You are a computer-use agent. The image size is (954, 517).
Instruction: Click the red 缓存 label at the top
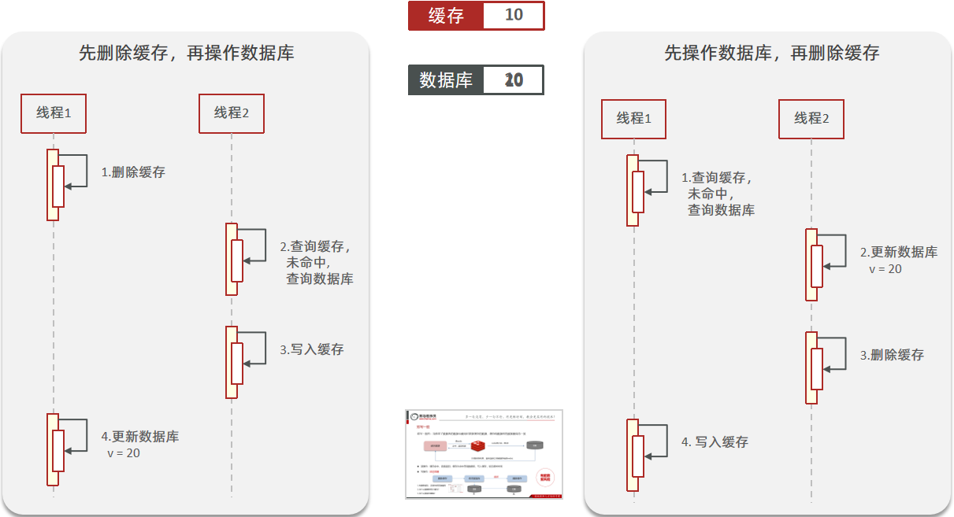click(445, 16)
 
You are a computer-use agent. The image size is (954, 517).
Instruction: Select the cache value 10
click(514, 16)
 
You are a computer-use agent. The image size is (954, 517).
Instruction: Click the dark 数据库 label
click(445, 80)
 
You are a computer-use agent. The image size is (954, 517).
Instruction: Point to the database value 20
click(514, 80)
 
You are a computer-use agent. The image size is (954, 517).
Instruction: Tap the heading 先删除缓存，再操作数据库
click(187, 54)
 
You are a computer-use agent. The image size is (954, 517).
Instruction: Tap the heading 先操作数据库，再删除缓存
click(772, 54)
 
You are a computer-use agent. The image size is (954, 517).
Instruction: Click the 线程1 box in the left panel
click(54, 113)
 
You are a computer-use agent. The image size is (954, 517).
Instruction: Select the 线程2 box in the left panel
click(232, 113)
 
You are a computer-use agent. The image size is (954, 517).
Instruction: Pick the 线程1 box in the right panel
click(633, 119)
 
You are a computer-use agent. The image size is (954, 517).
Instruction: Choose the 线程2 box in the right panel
click(811, 119)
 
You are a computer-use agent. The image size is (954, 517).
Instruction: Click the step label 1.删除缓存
click(133, 172)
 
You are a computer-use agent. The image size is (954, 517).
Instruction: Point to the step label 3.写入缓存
click(311, 349)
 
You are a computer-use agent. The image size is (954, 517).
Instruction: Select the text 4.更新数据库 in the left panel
click(140, 437)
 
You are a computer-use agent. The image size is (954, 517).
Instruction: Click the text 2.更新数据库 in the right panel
click(898, 253)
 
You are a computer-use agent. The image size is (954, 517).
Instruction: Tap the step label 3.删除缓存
click(891, 355)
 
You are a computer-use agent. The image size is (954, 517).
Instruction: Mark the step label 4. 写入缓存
click(715, 442)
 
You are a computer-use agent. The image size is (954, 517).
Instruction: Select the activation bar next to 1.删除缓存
click(55, 185)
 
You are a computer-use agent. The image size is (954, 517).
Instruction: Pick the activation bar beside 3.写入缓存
click(234, 362)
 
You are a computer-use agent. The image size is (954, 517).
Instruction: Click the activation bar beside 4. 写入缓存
click(635, 455)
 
